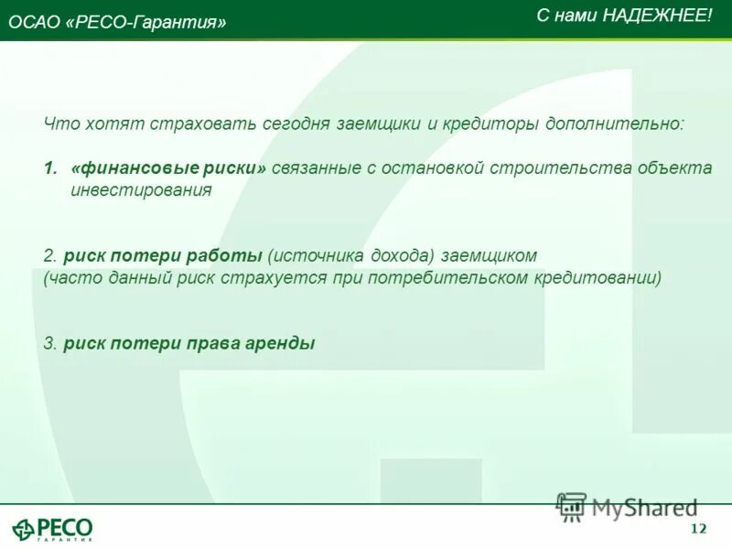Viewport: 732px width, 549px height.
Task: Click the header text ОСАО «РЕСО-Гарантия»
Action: tap(117, 23)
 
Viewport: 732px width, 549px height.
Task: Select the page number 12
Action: tap(699, 530)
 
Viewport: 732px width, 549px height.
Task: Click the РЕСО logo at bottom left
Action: tap(52, 528)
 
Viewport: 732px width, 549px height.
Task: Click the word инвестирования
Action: tap(141, 190)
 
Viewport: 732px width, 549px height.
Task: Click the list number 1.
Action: tap(49, 169)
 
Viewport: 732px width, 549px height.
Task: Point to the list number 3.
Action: tap(49, 343)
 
